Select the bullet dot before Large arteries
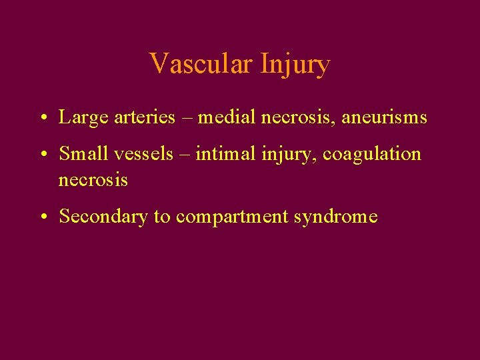pos(42,119)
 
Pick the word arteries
pos(132,118)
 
